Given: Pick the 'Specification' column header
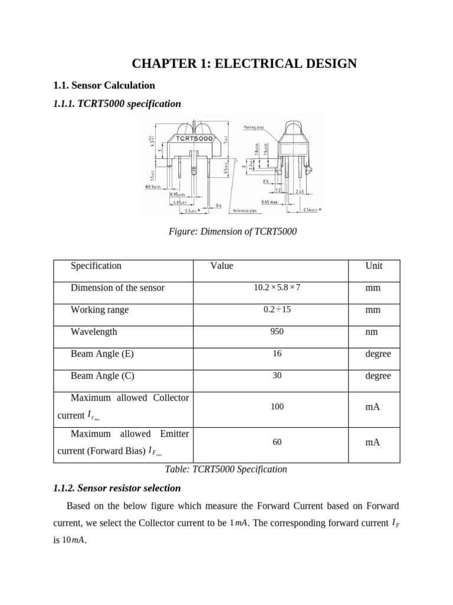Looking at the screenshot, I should pos(96,266).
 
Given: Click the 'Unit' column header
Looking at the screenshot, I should pos(374,266).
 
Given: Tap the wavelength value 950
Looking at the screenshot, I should pos(277,331).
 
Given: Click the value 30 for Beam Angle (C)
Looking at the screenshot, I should pos(277,375).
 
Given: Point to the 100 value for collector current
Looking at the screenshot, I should pos(277,406).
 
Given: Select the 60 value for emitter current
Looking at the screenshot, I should pos(277,442).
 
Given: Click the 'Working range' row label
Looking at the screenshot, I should pos(100,310).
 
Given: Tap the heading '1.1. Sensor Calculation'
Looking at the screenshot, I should pos(104,85).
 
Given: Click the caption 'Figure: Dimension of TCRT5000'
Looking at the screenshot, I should pos(232,232).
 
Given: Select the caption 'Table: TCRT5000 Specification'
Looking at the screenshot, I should pos(226,469).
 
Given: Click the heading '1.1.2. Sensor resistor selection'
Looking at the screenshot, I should pos(117,488).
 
